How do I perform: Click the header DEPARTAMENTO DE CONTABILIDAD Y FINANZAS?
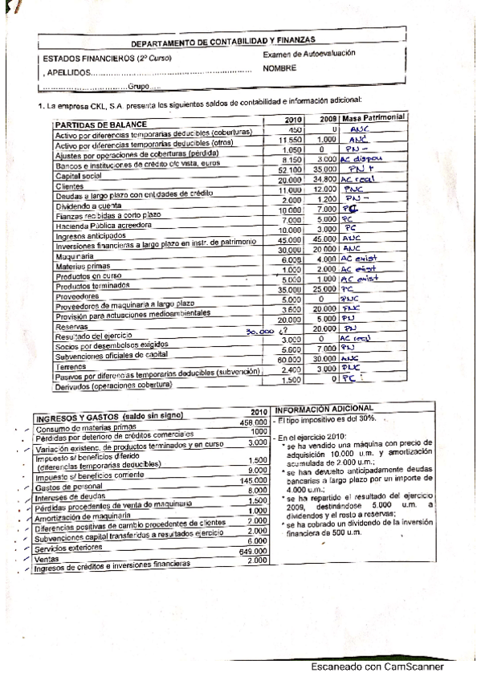click(x=222, y=42)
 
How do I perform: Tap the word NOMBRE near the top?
click(x=279, y=68)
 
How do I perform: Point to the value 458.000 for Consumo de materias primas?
click(x=252, y=422)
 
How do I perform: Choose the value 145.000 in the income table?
click(x=253, y=480)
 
